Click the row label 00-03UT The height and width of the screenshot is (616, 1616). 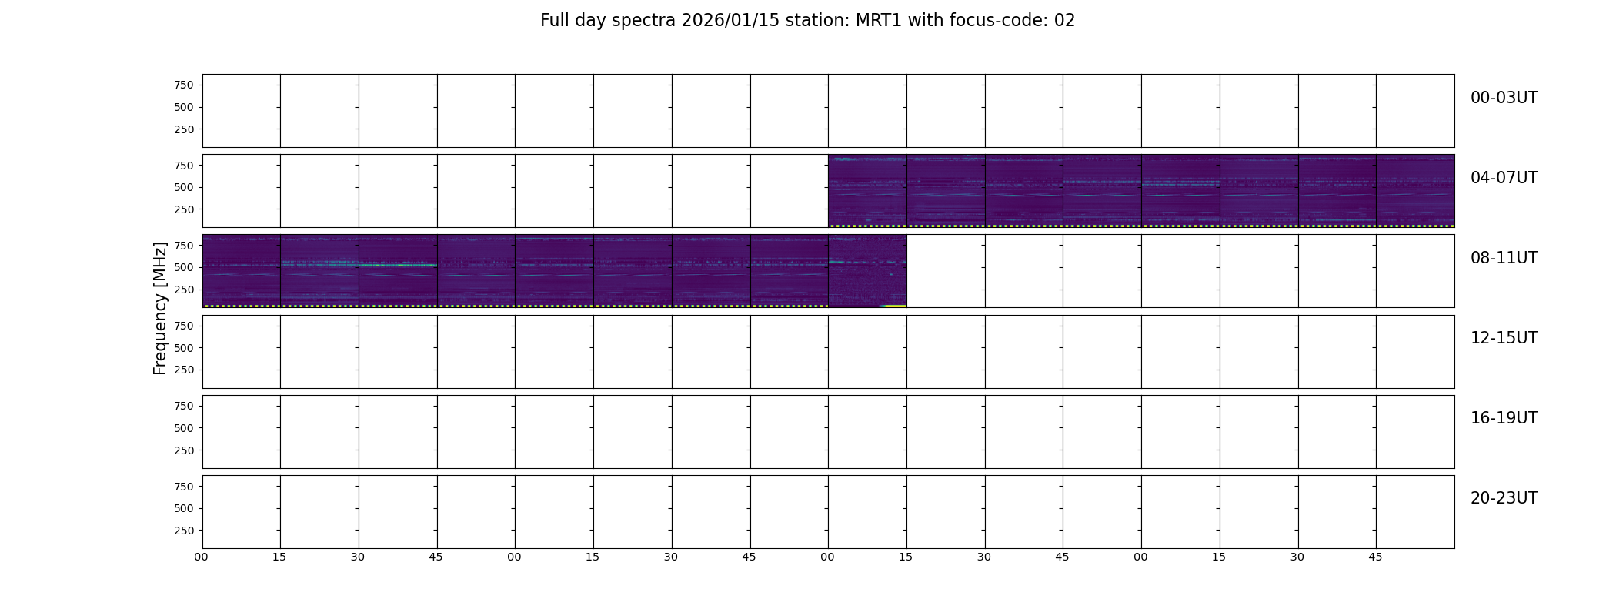point(1504,98)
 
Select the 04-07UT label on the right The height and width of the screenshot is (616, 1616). point(1504,178)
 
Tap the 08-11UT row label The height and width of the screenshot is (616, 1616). point(1504,258)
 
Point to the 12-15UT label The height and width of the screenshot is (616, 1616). point(1504,338)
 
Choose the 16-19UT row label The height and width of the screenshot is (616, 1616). point(1504,418)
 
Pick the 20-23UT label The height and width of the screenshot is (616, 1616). point(1504,498)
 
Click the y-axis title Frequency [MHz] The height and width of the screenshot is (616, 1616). point(160,308)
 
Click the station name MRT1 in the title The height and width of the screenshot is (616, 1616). point(880,21)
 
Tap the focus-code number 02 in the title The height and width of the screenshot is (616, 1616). point(1064,21)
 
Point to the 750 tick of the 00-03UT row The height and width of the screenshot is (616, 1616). point(184,85)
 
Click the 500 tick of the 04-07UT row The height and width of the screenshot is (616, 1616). point(184,187)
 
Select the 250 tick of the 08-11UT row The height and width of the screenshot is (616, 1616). point(184,290)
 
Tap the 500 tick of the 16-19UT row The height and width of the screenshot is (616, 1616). point(184,428)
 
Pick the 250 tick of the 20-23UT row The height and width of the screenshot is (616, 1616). point(184,531)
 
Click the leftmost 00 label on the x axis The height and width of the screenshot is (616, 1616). point(202,557)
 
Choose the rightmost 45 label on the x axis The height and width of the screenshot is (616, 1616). point(1375,557)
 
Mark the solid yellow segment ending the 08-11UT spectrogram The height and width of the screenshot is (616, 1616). point(894,306)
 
